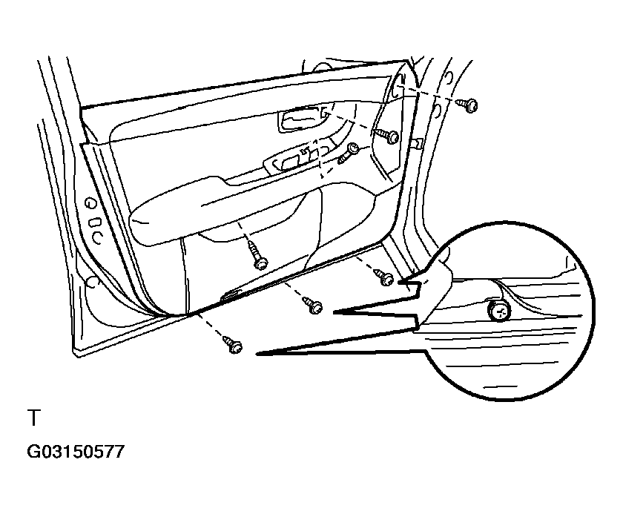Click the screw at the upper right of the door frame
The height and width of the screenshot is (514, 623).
pos(469,105)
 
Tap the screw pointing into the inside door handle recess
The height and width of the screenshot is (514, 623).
pos(389,136)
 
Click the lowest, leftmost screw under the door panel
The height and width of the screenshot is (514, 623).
pos(234,345)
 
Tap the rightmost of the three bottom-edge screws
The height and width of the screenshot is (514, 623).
pos(385,278)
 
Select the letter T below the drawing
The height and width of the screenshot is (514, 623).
pos(33,418)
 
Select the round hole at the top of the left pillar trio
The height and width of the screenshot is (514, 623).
pos(90,202)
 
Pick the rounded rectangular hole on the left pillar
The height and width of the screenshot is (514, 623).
pos(94,222)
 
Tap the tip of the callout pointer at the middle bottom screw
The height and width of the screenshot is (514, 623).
pos(333,313)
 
